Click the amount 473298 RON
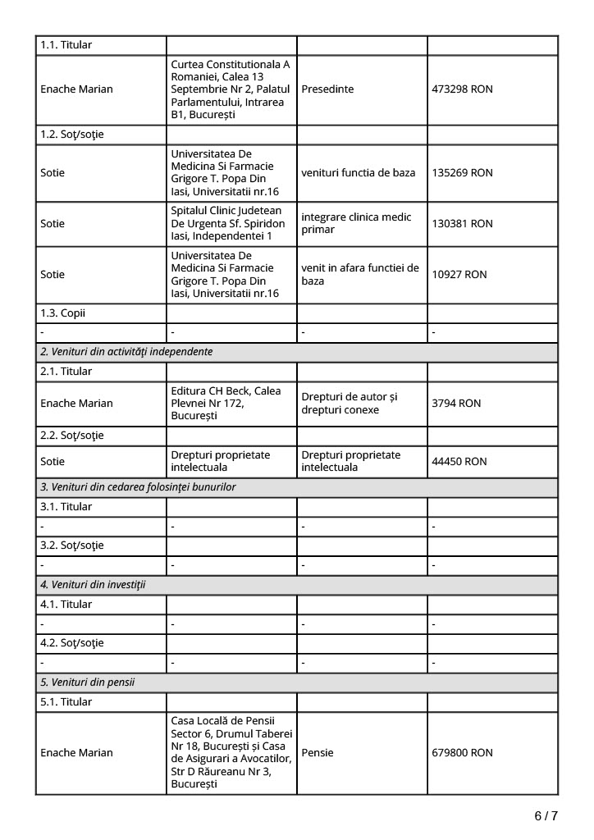462,89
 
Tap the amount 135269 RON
462,173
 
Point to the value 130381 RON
462,224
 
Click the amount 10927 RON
459,275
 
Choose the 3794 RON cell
456,404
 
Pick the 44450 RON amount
459,462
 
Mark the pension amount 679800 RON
462,753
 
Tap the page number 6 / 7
546,816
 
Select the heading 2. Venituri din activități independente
126,352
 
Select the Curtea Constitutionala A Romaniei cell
231,89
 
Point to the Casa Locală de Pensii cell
231,753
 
